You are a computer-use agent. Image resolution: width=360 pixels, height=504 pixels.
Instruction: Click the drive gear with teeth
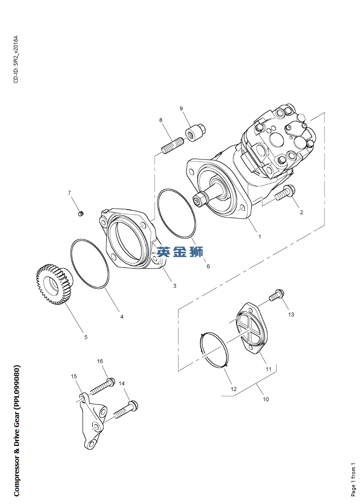tap(54, 284)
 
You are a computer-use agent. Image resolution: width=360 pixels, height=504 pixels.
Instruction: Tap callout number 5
tap(86, 337)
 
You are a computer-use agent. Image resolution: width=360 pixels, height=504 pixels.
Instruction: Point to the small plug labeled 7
tap(81, 213)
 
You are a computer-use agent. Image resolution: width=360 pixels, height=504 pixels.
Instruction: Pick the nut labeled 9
tap(196, 132)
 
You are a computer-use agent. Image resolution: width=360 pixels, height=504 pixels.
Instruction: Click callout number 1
tap(260, 237)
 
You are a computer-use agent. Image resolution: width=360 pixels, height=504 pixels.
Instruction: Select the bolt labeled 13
tap(277, 295)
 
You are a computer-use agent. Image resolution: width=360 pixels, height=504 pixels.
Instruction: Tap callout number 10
tap(266, 399)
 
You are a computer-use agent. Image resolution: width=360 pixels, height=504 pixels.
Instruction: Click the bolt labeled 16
tap(102, 386)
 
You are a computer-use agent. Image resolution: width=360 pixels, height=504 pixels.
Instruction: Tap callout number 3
tap(175, 286)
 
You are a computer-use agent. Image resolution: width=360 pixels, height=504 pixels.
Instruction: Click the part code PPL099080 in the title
tap(17, 387)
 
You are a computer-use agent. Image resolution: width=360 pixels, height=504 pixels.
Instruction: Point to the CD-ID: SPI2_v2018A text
tap(16, 60)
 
